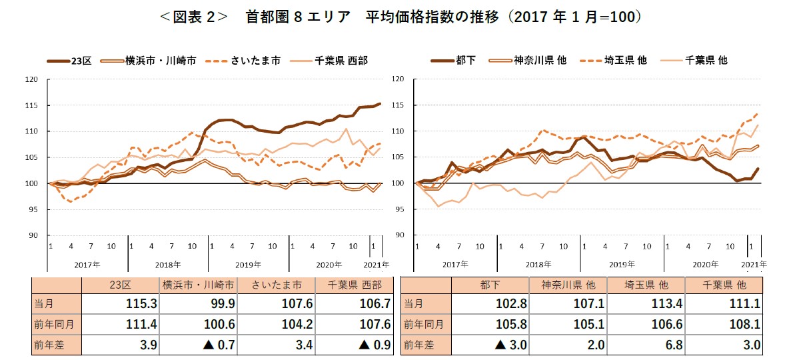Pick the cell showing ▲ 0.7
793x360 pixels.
[197, 345]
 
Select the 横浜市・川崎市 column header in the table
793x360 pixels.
[197, 285]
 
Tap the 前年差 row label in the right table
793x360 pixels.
[420, 345]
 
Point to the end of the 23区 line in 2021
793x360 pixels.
[380, 103]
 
